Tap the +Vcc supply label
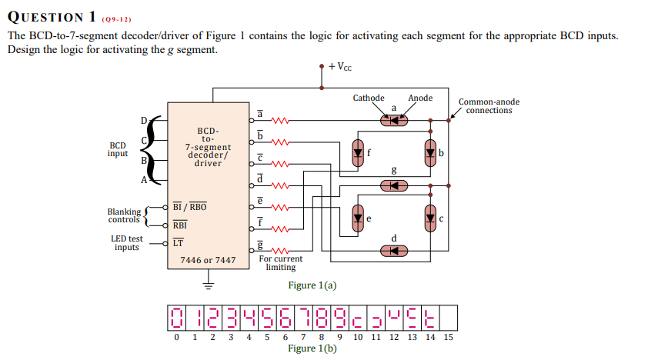[339, 67]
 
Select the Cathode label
[369, 98]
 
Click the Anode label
[420, 98]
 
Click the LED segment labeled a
[394, 120]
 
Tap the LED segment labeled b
[429, 153]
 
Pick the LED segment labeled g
[394, 185]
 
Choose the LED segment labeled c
[429, 218]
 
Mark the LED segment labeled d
[394, 251]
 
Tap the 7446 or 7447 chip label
[208, 260]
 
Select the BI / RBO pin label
[189, 207]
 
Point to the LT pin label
[178, 243]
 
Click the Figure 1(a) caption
[312, 285]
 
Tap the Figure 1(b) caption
[312, 348]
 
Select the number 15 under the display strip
[448, 337]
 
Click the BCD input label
[118, 148]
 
